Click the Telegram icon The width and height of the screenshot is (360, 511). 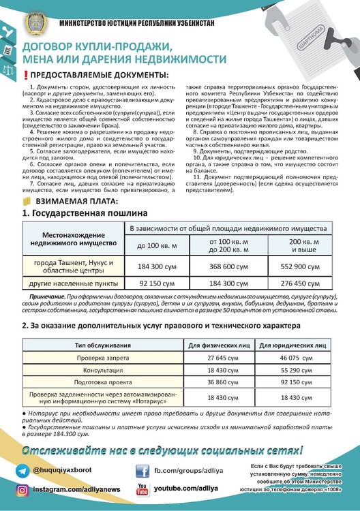click(x=22, y=471)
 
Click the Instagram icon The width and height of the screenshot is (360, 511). click(x=22, y=490)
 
